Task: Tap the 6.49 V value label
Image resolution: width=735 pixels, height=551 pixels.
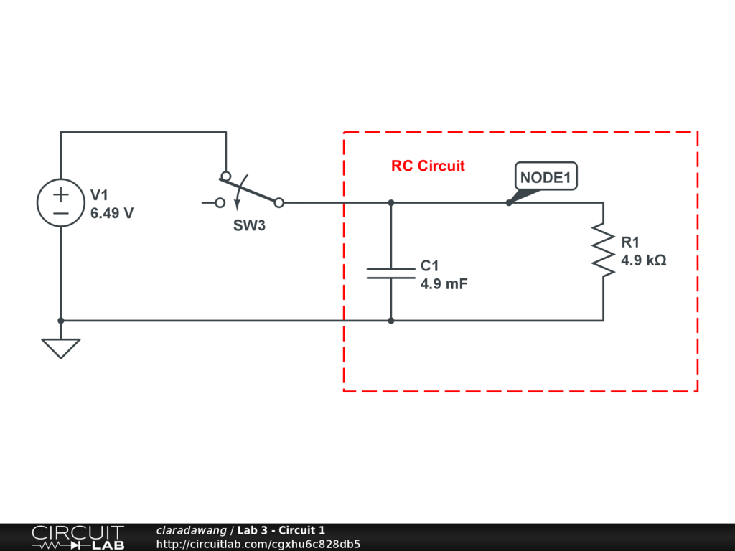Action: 112,213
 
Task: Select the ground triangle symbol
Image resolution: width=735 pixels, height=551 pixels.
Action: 61,349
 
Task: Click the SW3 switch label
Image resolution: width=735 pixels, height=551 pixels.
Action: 249,225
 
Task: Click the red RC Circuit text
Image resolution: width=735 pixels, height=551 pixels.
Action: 428,166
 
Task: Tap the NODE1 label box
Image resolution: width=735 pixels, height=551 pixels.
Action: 546,176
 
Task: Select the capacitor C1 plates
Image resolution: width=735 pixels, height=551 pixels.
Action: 391,273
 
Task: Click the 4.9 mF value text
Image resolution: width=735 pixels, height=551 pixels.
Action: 444,284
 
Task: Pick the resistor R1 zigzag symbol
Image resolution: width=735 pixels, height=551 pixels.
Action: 603,250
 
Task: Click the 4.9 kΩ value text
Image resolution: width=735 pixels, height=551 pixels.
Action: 644,260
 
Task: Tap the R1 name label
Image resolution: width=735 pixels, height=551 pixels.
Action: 630,242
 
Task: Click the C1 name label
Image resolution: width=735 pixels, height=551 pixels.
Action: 429,265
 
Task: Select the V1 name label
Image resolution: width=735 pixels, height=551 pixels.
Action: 99,195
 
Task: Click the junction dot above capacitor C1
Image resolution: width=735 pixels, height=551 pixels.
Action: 391,203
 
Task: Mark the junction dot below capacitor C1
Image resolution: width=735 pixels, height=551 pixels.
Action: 391,321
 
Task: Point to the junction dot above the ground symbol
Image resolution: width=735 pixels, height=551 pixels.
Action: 61,321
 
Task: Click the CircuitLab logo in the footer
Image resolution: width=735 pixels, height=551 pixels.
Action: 78,537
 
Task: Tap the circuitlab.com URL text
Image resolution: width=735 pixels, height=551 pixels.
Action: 258,544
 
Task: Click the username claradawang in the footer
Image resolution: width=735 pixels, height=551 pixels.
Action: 191,530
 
